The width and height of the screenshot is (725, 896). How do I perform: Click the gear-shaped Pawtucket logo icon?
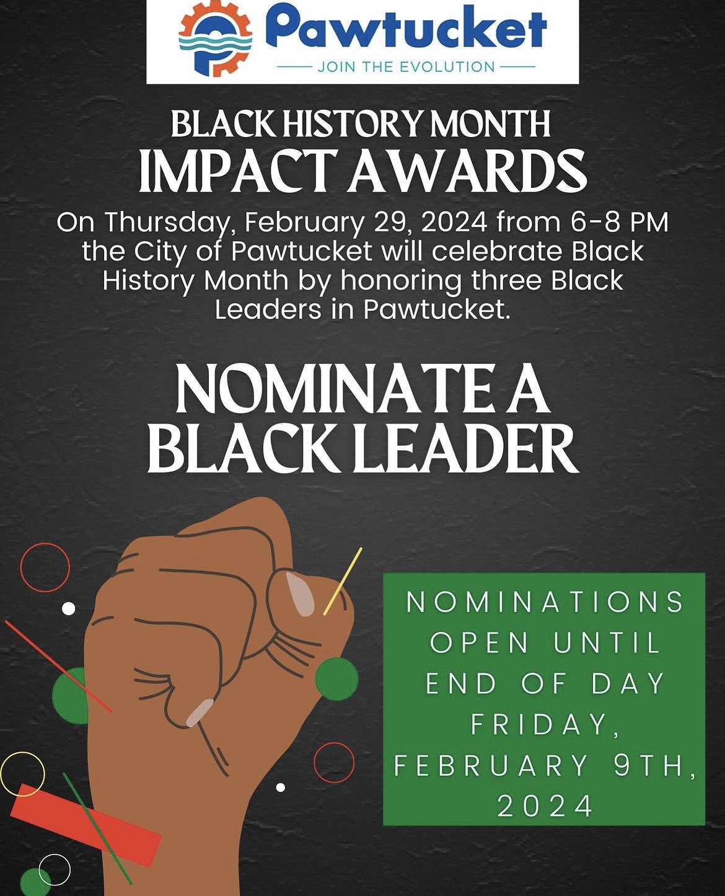[215, 38]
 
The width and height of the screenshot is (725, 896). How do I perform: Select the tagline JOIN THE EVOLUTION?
[406, 66]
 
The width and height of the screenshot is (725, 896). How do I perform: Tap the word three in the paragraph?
[506, 280]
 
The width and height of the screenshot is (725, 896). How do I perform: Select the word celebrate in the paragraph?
[496, 251]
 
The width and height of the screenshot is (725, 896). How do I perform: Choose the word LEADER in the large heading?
[464, 450]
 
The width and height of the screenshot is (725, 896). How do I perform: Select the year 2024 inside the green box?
[545, 806]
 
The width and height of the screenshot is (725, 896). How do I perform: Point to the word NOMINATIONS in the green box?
[545, 601]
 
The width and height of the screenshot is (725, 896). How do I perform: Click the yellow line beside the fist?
[343, 581]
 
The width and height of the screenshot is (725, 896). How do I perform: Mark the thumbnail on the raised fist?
[300, 594]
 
